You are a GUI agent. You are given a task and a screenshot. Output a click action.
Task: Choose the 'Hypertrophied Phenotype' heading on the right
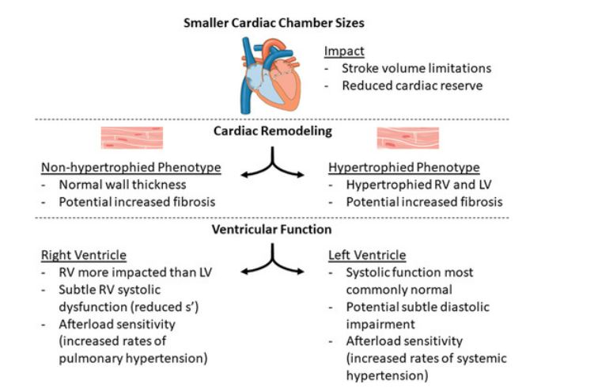403,168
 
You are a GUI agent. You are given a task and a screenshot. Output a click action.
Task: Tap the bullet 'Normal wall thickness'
118,185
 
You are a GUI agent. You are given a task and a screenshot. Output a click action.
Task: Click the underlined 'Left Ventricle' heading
366,255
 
